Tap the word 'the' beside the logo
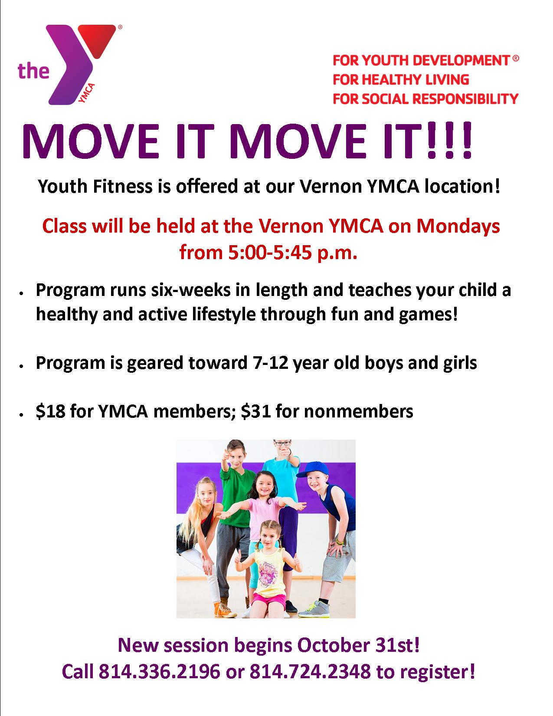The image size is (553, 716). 33,70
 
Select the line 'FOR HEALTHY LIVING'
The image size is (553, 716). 401,79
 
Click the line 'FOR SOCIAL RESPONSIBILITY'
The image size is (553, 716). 425,99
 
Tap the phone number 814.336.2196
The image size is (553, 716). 159,671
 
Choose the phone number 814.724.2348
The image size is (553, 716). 310,671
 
